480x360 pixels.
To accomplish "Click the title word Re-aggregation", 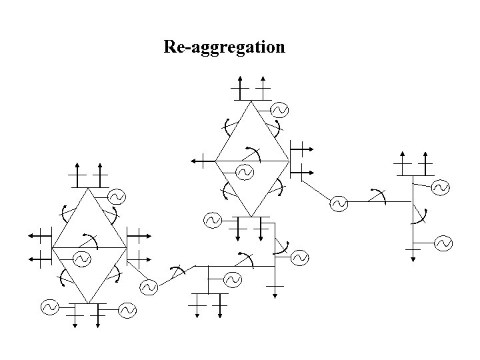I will point(225,47).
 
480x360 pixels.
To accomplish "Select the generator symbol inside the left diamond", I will point(81,258).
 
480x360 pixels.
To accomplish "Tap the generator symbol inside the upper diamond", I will point(244,173).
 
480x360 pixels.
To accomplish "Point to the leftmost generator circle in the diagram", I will point(49,307).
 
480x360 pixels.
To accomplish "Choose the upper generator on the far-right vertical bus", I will point(441,189).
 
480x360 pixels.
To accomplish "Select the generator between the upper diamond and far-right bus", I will point(339,203).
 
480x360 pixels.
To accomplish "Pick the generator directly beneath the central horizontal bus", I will point(232,279).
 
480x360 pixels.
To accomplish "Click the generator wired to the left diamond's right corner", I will point(148,287).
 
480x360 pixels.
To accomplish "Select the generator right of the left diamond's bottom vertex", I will point(127,310).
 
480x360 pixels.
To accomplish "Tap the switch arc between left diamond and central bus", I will point(177,271).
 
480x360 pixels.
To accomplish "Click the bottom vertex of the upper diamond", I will point(251,216).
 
